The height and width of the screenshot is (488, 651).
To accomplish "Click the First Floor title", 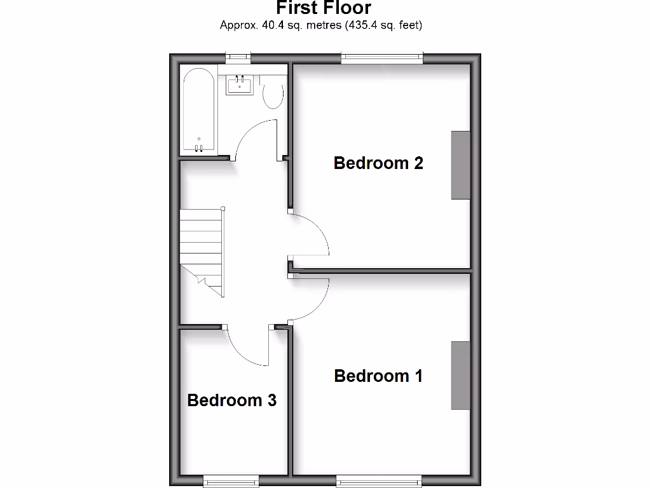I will [x=324, y=8].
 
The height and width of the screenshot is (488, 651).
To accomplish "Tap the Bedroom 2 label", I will [x=378, y=163].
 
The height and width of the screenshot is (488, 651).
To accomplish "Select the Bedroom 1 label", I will [x=378, y=376].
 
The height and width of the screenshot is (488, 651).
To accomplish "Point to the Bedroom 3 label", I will [x=231, y=400].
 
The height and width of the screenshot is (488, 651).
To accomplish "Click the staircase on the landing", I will [x=202, y=251].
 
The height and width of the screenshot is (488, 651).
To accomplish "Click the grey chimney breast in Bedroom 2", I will [x=461, y=165].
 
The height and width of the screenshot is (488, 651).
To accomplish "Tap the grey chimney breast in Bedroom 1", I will [x=461, y=376].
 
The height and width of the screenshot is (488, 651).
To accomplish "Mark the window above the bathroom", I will [x=238, y=58].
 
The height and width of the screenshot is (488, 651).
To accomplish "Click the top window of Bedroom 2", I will [x=382, y=58].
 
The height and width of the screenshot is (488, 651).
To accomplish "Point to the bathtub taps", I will [x=199, y=148].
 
